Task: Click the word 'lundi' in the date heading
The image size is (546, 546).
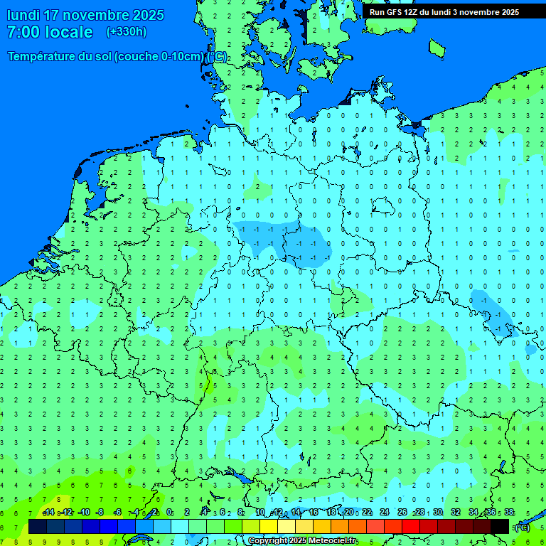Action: tap(23, 15)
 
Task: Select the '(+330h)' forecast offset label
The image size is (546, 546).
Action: tap(127, 32)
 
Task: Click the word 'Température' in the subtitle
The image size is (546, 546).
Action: tap(42, 57)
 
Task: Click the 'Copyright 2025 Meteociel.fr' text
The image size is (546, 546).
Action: tap(302, 541)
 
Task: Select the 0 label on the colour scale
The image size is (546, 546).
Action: tap(169, 513)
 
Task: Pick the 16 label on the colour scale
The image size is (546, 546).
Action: tap(314, 513)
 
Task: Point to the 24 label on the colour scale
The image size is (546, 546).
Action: tap(385, 513)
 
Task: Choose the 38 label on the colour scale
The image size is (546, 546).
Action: tap(508, 513)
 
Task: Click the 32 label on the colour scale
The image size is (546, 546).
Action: tap(456, 513)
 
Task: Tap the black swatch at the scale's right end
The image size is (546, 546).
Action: tap(500, 526)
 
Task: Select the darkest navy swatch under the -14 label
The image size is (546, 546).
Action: tap(38, 526)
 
